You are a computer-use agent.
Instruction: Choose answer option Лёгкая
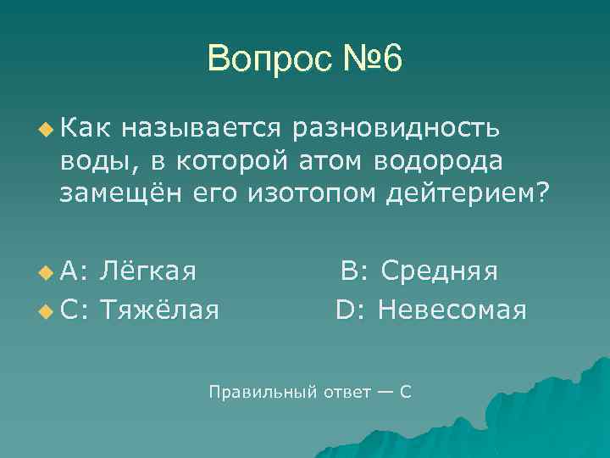click(x=148, y=271)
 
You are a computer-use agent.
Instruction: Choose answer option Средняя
click(x=439, y=271)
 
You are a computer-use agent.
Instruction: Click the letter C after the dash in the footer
click(x=405, y=392)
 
